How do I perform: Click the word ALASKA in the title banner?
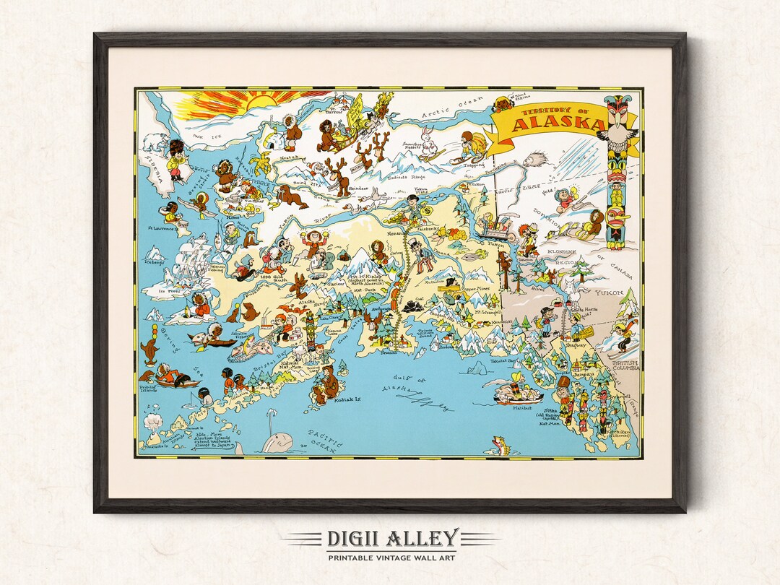pos(549,124)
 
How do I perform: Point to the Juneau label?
pos(582,375)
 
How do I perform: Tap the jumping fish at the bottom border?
pos(498,445)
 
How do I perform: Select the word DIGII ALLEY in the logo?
pos(390,539)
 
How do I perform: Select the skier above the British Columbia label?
pos(622,337)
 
